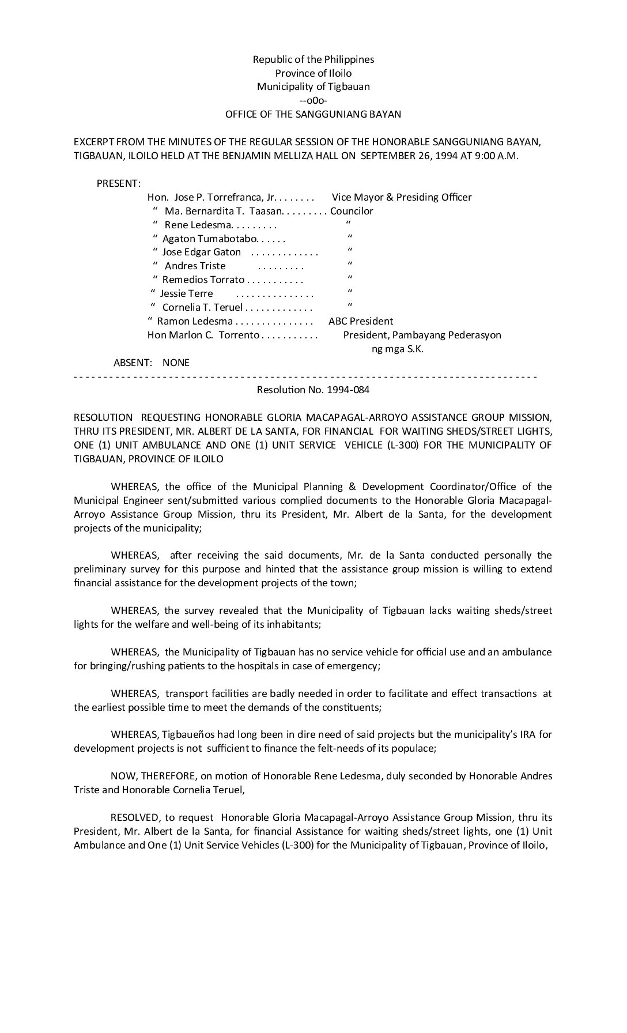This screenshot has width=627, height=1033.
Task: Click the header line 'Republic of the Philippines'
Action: [x=313, y=59]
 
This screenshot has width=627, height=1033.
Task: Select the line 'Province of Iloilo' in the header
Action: [x=313, y=73]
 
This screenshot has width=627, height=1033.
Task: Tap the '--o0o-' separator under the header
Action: [x=313, y=100]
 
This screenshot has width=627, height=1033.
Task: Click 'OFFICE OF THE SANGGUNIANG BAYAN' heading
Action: [x=313, y=114]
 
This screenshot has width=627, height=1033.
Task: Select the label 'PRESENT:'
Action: [x=119, y=183]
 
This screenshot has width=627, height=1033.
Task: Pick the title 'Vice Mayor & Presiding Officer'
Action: [x=402, y=197]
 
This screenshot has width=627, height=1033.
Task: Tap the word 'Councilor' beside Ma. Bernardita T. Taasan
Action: [x=352, y=211]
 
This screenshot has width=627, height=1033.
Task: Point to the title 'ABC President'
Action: [x=361, y=321]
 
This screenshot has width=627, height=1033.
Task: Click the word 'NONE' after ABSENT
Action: [x=176, y=363]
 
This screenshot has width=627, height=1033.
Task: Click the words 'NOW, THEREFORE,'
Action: [x=145, y=776]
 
